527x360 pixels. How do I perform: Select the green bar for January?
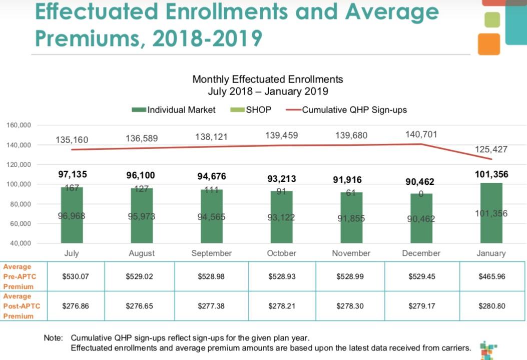[x=491, y=213]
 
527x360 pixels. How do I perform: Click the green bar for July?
[x=72, y=215]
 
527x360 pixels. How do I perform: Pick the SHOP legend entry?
[x=252, y=110]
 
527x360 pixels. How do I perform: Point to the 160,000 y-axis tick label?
[x=19, y=125]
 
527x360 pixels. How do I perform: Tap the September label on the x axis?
[x=211, y=253]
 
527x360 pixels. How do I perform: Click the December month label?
[x=421, y=253]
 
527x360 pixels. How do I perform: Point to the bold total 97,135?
[x=72, y=175]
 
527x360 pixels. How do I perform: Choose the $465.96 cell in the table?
[x=491, y=276]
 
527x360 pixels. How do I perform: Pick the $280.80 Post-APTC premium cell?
[x=491, y=305]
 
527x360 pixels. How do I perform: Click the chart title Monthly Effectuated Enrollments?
[x=268, y=80]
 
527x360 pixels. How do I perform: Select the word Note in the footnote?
[x=53, y=337]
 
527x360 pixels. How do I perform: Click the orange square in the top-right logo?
[x=489, y=44]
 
